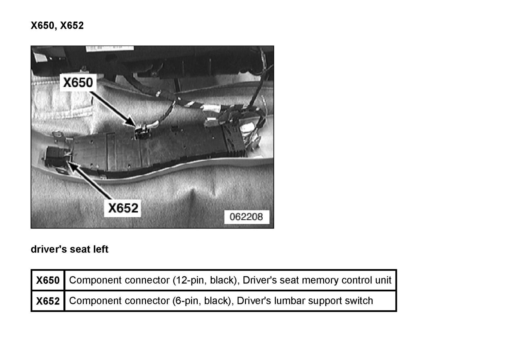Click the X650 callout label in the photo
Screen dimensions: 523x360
tap(78, 82)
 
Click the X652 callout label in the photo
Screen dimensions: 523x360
tap(123, 208)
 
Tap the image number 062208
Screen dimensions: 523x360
tap(246, 217)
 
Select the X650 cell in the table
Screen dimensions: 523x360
tap(48, 280)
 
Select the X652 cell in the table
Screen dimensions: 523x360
tap(48, 301)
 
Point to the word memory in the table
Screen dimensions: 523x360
tap(320, 280)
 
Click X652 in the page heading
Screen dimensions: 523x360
tap(72, 26)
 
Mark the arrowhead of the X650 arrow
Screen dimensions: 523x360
tap(133, 124)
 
